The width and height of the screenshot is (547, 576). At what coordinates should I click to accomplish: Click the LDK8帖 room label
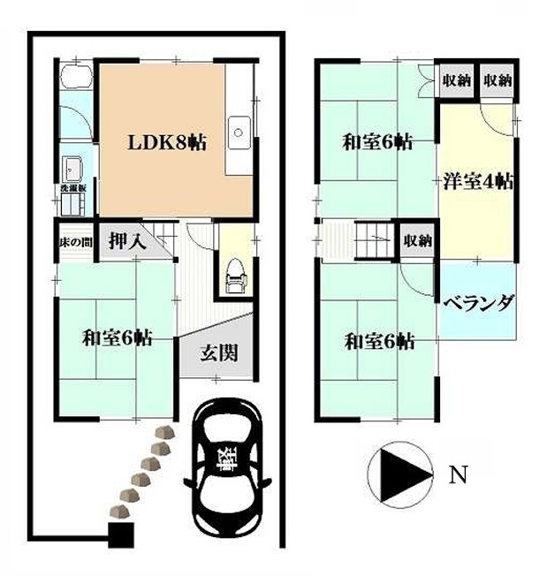(167, 142)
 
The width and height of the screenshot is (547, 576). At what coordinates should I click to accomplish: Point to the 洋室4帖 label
(478, 182)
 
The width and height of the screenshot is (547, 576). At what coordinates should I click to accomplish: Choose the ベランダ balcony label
(478, 303)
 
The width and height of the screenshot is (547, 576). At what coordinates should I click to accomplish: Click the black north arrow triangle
(395, 475)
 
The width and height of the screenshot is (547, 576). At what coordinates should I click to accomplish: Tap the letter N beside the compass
(456, 475)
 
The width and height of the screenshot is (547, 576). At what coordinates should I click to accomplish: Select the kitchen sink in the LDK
(239, 135)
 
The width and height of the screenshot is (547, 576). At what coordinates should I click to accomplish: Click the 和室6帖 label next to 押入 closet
(116, 337)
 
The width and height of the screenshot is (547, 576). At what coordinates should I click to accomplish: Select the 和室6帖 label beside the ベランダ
(379, 341)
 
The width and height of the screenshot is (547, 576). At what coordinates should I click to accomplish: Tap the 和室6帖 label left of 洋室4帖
(377, 141)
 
